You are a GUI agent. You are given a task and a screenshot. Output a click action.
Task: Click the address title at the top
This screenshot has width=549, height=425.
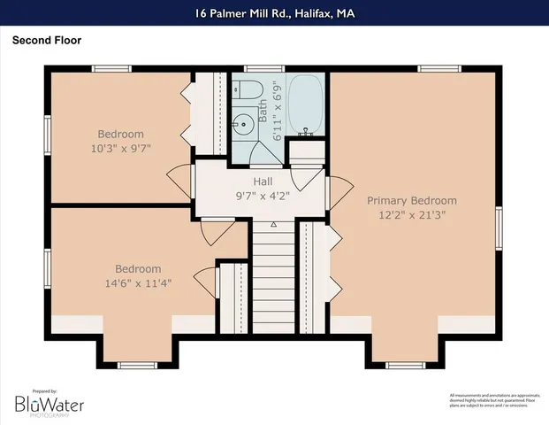point(274,13)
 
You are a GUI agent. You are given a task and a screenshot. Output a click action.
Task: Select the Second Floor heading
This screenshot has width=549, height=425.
point(46,40)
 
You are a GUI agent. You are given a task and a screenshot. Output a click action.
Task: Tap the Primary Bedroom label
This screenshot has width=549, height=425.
point(412,201)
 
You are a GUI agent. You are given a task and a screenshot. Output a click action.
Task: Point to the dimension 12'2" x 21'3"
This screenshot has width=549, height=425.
point(412,215)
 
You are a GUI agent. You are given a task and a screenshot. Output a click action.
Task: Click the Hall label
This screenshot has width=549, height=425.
point(263,181)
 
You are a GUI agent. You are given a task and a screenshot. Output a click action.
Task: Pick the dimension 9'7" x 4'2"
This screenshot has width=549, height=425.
point(263,195)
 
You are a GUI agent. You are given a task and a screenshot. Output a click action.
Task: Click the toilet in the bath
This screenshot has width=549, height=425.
point(247,91)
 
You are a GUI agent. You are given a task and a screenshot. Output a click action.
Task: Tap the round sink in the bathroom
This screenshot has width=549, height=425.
point(242,124)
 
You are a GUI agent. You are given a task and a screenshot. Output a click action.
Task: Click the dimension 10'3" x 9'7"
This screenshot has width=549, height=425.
point(123,148)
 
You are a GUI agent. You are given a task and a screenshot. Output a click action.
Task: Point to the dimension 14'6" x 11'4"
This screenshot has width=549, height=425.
point(138,283)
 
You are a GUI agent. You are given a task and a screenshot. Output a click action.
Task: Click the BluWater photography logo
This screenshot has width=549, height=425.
point(49,404)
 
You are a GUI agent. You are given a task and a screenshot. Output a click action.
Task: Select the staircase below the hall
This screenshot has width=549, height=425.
point(273,283)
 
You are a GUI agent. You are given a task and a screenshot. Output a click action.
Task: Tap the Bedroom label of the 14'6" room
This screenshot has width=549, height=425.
point(138,269)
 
